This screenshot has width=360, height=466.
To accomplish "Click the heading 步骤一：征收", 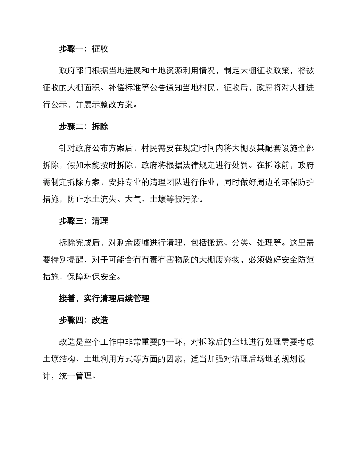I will click(83, 49).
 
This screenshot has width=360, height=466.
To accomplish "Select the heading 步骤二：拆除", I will click(83, 127).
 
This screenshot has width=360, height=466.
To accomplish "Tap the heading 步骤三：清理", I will click(83, 221).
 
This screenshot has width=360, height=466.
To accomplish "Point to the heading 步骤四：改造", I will click(83, 321).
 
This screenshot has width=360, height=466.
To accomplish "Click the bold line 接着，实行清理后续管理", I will click(104, 299).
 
